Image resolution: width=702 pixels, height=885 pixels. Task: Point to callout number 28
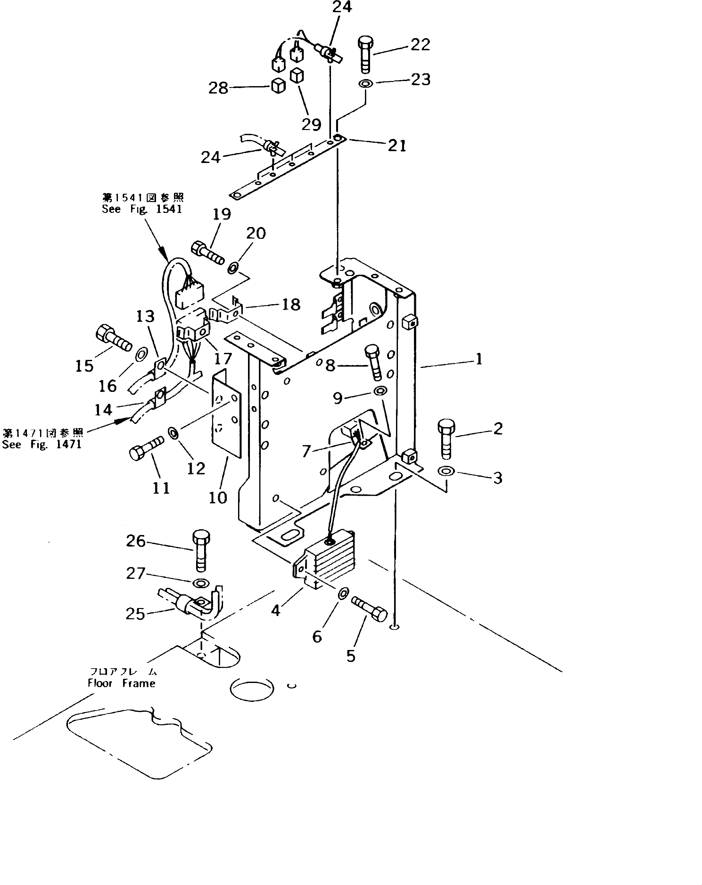coord(218,88)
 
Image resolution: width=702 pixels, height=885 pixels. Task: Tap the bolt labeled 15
coord(113,337)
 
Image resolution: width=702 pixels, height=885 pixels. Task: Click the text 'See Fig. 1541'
coord(142,209)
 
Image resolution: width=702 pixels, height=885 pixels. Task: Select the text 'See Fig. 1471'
coord(42,444)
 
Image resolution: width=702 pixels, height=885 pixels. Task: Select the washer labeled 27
coord(201,582)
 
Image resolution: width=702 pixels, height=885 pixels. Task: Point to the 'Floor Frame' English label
coord(121,684)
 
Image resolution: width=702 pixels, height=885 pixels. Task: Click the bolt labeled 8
coord(373,362)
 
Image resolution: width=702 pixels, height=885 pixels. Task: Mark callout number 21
coord(397,145)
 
